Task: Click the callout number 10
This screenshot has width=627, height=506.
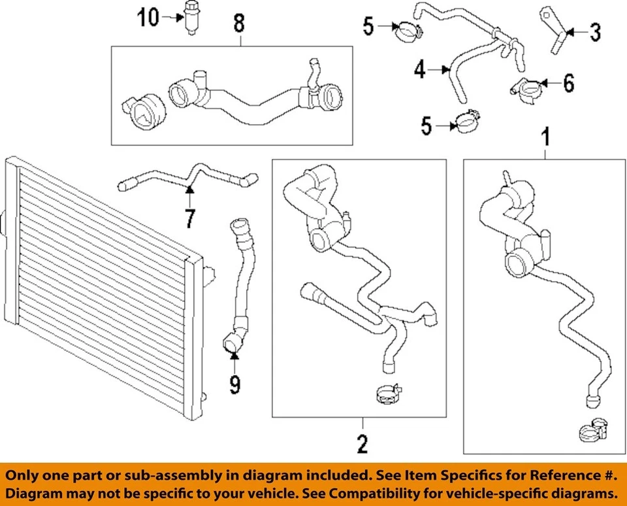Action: coord(148,18)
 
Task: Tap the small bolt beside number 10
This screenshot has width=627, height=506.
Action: coord(191,19)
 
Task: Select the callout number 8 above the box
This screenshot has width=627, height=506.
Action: coord(240,24)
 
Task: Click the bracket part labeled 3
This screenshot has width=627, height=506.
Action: coord(552,29)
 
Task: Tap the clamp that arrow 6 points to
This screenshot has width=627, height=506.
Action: coord(524,89)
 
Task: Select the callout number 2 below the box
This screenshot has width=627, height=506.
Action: coord(362,445)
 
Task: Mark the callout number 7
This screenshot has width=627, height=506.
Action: coord(189,217)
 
